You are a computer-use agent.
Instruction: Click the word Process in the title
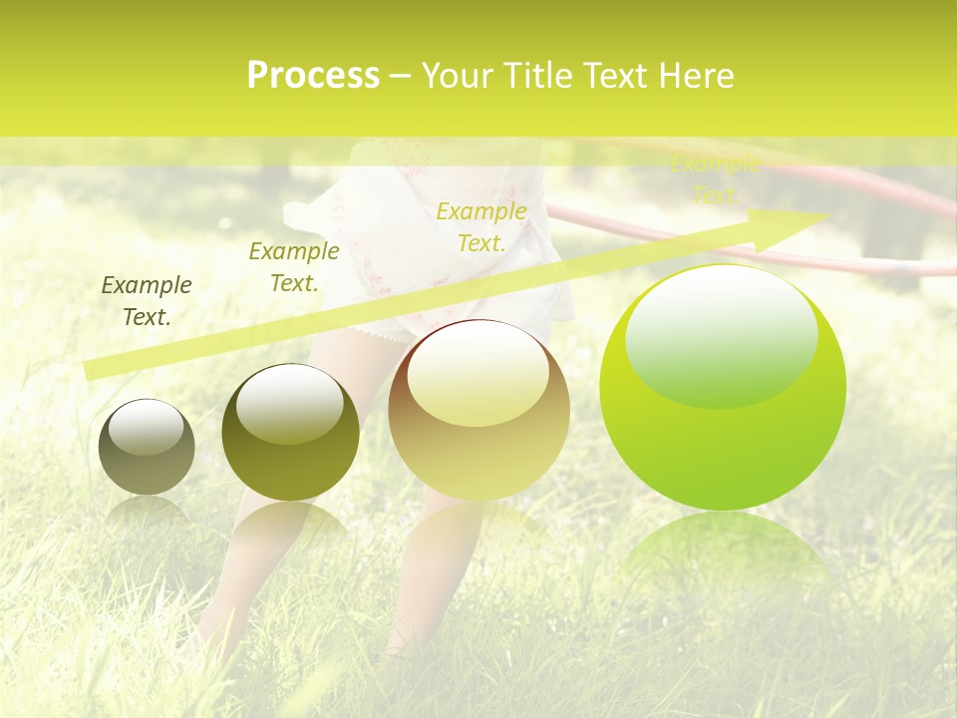click(313, 76)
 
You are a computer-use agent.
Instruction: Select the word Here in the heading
click(697, 76)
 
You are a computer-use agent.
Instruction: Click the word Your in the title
click(458, 76)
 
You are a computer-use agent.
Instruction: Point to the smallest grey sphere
click(147, 448)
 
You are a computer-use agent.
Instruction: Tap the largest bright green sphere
click(723, 389)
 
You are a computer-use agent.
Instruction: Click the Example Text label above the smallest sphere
click(147, 301)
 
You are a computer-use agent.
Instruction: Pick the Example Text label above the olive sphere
click(294, 267)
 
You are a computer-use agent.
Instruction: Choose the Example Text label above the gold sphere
click(481, 227)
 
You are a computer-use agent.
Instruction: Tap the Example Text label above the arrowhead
click(715, 180)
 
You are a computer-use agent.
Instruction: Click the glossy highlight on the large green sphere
click(721, 334)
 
